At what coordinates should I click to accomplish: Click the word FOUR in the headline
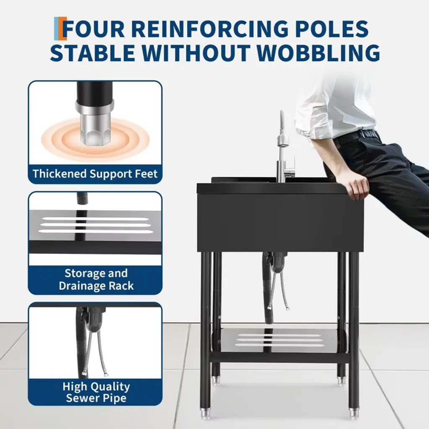[93, 29]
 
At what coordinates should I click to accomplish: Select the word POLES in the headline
[332, 29]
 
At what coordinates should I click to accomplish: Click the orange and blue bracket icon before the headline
[60, 29]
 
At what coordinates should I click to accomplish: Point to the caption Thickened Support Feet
[95, 174]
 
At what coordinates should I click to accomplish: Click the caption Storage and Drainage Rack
[96, 279]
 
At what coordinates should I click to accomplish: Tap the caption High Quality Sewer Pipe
[96, 392]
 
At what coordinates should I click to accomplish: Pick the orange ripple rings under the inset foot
[95, 140]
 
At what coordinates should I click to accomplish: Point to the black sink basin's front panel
[280, 222]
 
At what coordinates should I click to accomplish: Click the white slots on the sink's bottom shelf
[280, 340]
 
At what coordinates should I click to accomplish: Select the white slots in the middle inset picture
[96, 225]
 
